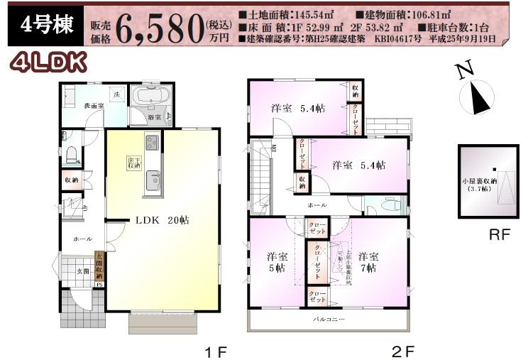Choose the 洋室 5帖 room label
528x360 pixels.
click(x=277, y=262)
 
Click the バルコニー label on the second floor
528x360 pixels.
click(x=329, y=320)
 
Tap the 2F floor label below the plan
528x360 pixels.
click(x=402, y=351)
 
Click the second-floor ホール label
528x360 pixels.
click(x=317, y=204)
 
